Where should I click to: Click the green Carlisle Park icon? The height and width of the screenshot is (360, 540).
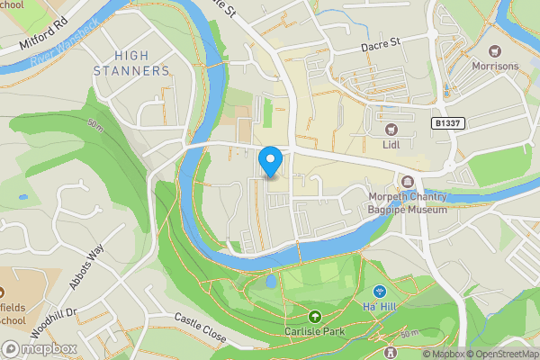(x=315, y=317)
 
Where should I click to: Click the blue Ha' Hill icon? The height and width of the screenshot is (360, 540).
(x=380, y=292)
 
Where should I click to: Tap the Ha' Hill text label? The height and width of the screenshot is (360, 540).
(x=380, y=308)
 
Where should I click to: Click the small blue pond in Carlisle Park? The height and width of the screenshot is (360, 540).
(x=270, y=283)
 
